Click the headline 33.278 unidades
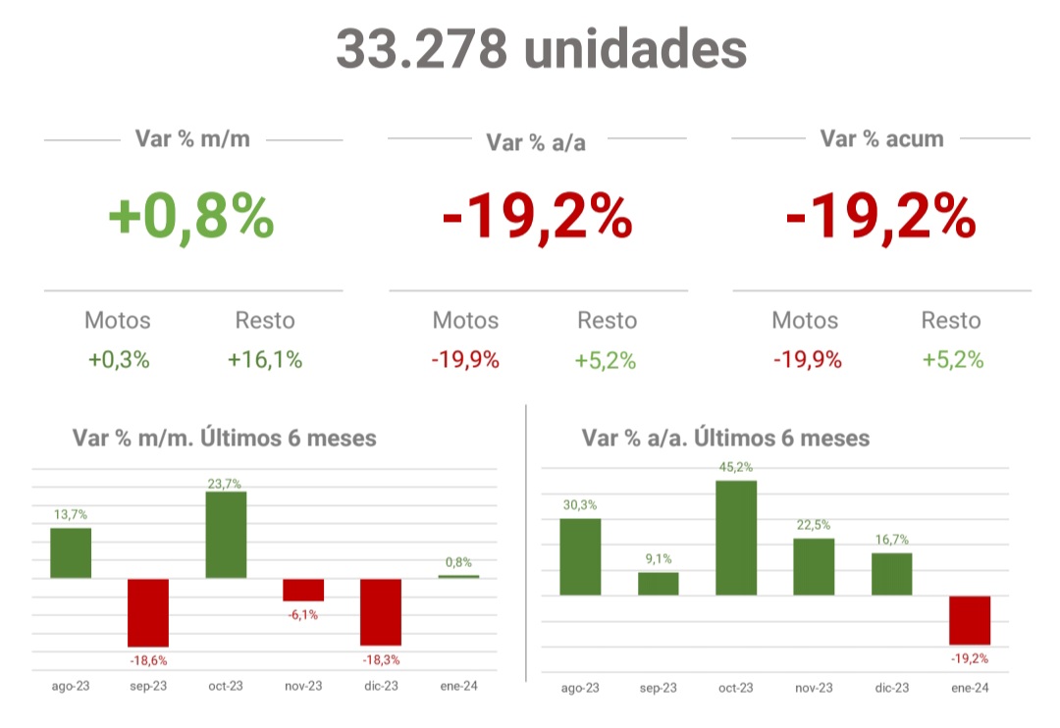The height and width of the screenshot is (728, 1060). tap(541, 48)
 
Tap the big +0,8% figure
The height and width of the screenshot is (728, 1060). tap(191, 218)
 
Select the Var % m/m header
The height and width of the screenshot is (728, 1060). tap(192, 138)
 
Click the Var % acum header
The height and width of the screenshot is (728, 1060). tap(881, 138)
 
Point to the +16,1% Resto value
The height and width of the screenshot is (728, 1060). tap(265, 360)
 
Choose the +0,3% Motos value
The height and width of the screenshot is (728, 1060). tap(119, 360)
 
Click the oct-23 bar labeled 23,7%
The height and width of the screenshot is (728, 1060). tap(226, 535)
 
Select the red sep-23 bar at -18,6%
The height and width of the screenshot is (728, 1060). tap(148, 611)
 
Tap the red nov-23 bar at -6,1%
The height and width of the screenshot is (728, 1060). tap(303, 590)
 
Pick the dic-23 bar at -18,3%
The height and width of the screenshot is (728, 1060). tap(381, 611)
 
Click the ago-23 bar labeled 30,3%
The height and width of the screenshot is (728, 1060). tap(580, 556)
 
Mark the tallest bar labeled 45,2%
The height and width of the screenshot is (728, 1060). tap(736, 538)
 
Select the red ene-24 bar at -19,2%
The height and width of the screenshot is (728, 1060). tap(970, 620)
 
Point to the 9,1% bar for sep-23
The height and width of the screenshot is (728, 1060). tap(658, 584)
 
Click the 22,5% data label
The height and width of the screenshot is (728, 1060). tap(814, 524)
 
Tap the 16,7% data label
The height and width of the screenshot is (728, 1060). tap(891, 539)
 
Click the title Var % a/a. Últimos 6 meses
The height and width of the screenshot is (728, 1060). tap(725, 438)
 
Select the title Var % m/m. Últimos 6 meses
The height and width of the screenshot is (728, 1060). tap(225, 438)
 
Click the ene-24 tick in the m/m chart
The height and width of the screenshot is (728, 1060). tap(458, 686)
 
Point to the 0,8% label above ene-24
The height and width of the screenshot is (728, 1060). tap(458, 562)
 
